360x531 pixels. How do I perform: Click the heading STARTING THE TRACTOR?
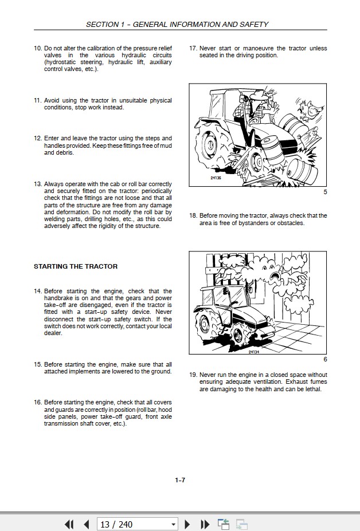tap(76, 266)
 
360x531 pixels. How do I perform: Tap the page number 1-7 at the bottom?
tap(180, 480)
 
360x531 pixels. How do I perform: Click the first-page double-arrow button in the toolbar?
tap(69, 524)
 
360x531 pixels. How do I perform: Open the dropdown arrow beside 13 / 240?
tap(173, 524)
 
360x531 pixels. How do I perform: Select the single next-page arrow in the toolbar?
tap(187, 524)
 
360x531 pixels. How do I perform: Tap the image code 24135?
tap(216, 178)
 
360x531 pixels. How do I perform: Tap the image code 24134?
tap(253, 352)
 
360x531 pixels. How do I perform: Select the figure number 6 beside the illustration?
tap(325, 359)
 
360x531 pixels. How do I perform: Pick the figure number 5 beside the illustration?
tap(325, 192)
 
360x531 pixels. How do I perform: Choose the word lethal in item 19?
tap(312, 389)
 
